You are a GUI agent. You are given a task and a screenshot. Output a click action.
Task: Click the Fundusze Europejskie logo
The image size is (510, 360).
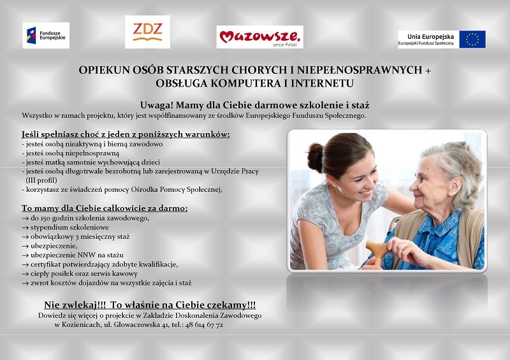(x=46, y=35)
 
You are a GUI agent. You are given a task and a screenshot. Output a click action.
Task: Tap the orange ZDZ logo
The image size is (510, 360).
(x=147, y=32)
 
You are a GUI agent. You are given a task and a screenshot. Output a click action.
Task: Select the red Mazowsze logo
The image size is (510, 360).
(x=260, y=37)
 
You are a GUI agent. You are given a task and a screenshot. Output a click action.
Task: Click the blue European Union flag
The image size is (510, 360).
(x=472, y=40)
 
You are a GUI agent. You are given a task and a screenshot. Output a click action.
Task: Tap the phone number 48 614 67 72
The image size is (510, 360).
(x=204, y=325)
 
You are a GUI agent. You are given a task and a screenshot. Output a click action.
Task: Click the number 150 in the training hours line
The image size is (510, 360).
(x=45, y=218)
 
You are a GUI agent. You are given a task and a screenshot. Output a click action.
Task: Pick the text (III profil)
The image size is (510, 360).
(x=41, y=180)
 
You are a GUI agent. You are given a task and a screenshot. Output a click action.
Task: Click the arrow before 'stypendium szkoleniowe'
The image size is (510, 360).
(x=25, y=227)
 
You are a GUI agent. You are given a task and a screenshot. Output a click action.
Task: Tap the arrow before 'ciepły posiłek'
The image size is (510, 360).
(x=25, y=274)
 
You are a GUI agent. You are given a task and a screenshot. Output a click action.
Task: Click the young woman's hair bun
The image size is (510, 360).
(x=315, y=157)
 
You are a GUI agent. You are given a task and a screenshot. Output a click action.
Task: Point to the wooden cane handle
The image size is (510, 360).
(x=378, y=249)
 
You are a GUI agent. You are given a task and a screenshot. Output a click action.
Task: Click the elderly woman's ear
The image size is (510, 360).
(x=454, y=186)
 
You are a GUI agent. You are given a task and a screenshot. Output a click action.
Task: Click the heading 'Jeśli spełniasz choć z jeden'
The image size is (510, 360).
(x=126, y=134)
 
